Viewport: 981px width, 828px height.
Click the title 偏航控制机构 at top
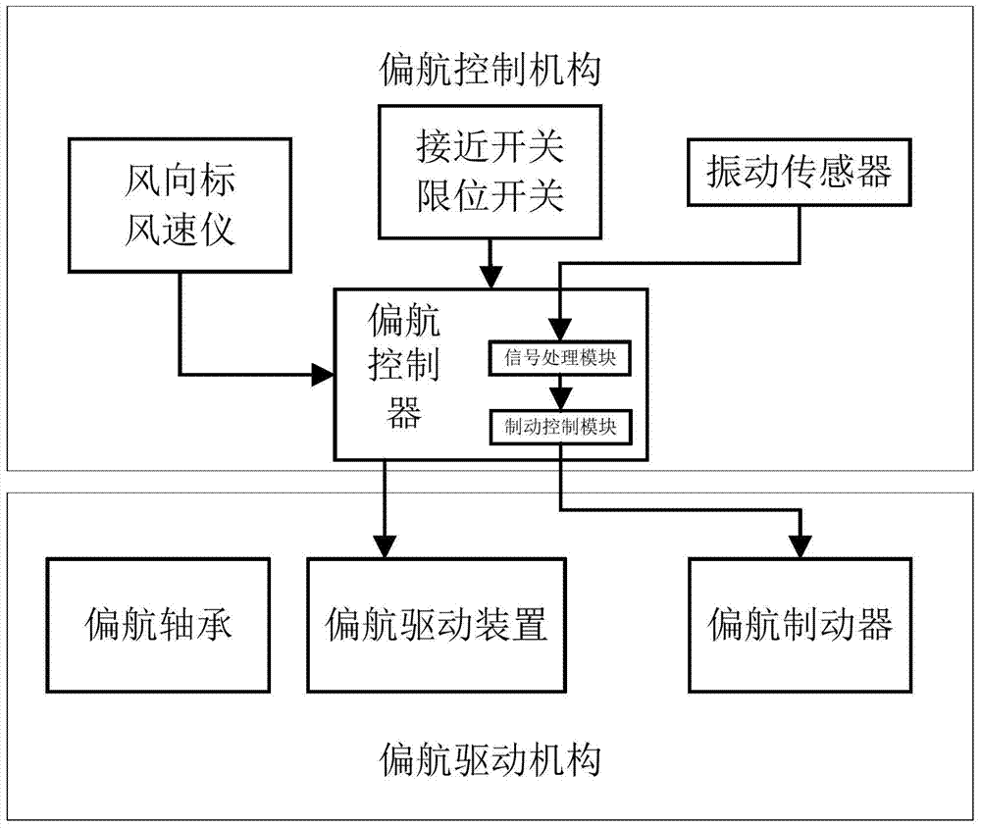(489, 71)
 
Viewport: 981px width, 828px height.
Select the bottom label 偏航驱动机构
(489, 759)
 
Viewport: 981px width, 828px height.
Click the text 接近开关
(490, 149)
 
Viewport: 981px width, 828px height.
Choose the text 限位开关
(490, 196)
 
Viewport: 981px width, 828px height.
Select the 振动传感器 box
(799, 173)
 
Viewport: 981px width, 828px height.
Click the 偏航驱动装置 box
(436, 625)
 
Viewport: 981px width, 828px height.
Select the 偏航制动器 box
(800, 625)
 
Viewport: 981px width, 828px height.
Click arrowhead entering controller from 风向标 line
(323, 374)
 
